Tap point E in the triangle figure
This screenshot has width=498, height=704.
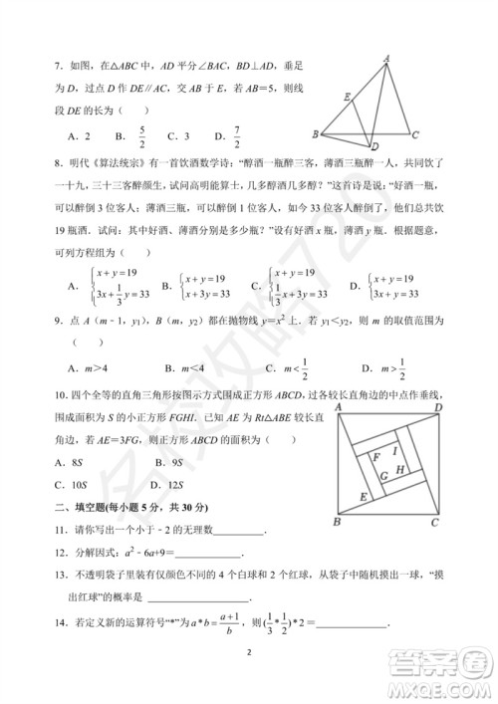tap(346, 97)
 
